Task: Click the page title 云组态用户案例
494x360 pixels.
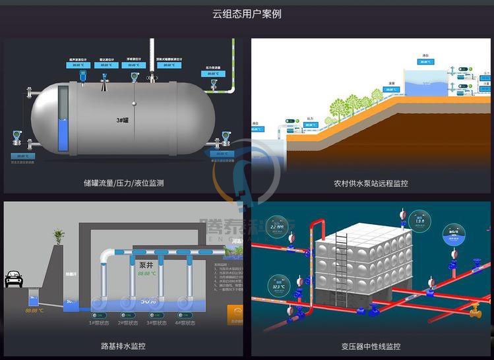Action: pyautogui.click(x=247, y=13)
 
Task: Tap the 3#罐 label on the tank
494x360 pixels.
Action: pyautogui.click(x=122, y=121)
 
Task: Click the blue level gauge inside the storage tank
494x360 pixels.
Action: pyautogui.click(x=63, y=132)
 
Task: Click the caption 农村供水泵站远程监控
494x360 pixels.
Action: pyautogui.click(x=371, y=183)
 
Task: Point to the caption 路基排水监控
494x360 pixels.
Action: pyautogui.click(x=123, y=345)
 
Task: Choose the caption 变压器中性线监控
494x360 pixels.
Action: pyautogui.click(x=371, y=345)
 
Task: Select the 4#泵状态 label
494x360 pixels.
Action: pyautogui.click(x=185, y=323)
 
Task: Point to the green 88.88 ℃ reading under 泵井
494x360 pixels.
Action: pyautogui.click(x=146, y=273)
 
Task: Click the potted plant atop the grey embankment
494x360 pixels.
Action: pyautogui.click(x=59, y=236)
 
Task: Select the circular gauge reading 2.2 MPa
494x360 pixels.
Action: pyautogui.click(x=280, y=231)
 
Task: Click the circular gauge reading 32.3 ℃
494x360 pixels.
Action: pyautogui.click(x=275, y=285)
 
